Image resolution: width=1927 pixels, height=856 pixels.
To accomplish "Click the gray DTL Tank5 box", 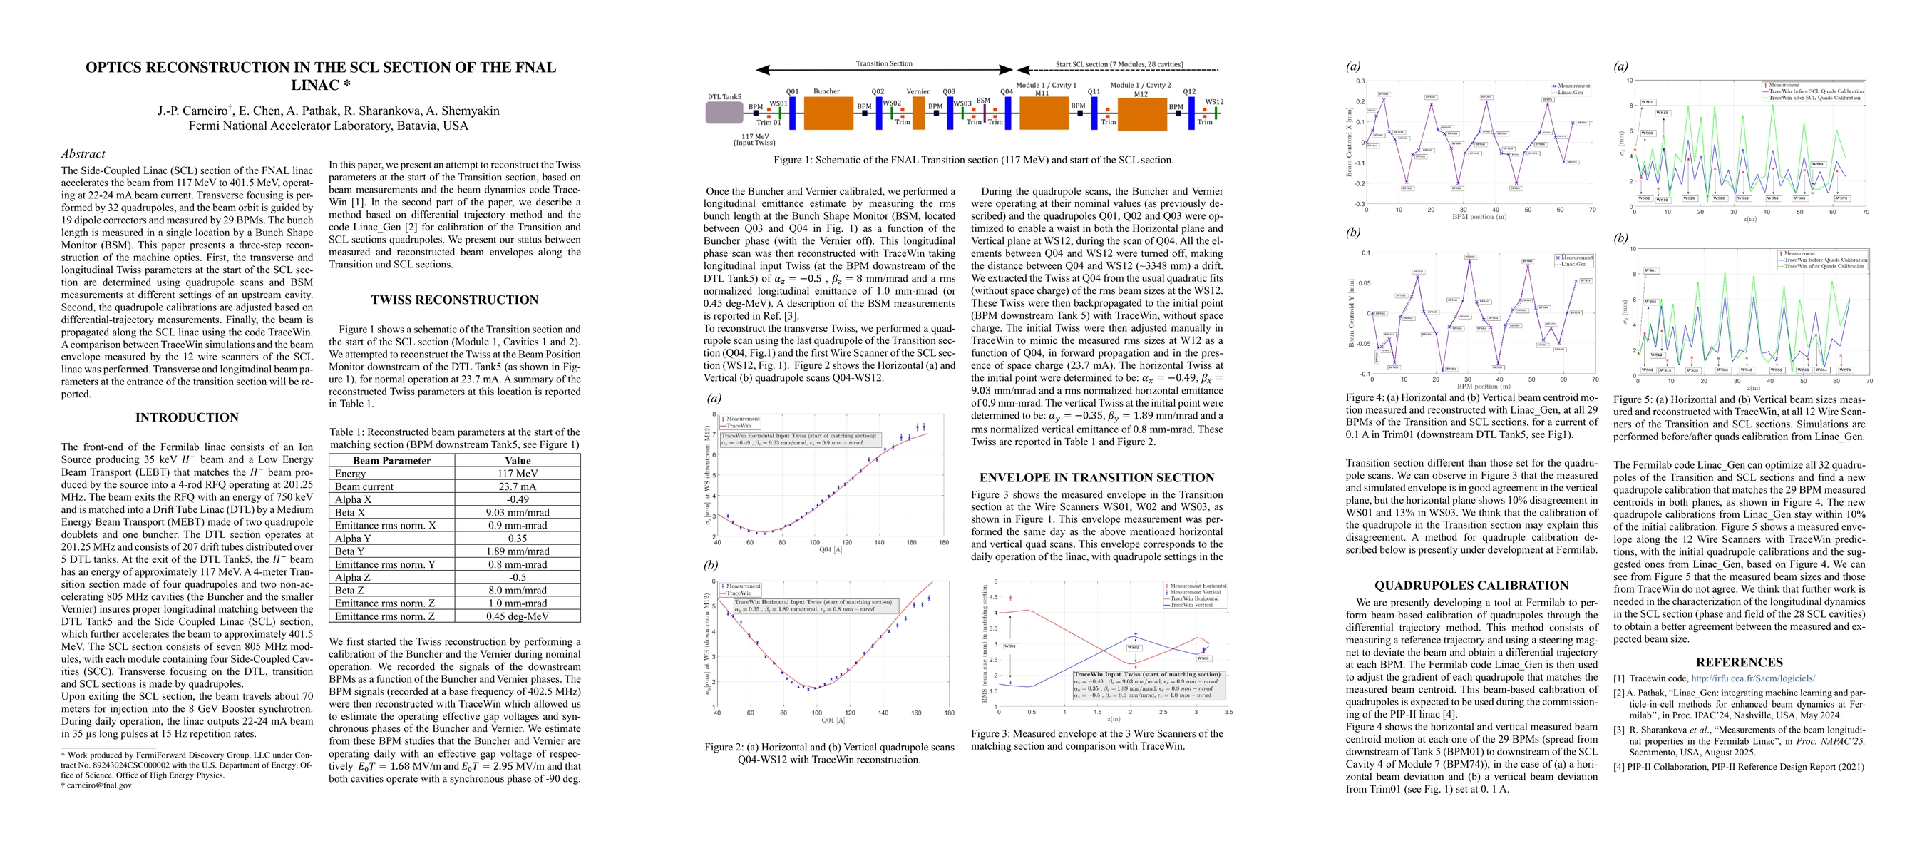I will click(724, 113).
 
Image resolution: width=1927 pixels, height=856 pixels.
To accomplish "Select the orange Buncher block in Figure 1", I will click(828, 113).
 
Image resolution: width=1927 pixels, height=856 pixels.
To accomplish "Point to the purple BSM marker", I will click(985, 113).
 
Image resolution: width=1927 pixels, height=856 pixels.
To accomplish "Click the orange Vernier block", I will click(919, 113).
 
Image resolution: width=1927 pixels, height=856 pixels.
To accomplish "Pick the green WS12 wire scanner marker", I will click(1216, 113).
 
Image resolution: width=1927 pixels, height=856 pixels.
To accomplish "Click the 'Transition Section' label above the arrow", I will click(883, 63).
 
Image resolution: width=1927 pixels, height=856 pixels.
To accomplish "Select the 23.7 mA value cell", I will click(517, 486).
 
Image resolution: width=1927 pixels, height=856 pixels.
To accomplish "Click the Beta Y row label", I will click(349, 551).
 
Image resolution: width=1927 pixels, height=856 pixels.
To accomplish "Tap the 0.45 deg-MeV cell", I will click(517, 616).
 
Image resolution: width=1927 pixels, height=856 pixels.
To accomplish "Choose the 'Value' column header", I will click(517, 460).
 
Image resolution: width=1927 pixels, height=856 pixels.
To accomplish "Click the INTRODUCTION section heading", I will click(186, 417).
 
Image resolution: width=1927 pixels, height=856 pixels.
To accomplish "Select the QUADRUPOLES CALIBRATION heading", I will click(1471, 586).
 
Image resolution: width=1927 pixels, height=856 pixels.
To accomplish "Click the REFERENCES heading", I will click(1740, 662).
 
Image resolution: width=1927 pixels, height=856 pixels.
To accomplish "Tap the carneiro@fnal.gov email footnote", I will click(99, 785).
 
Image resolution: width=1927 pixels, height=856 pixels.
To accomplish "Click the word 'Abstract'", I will click(83, 153).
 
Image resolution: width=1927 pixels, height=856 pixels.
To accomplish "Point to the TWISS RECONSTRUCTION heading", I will click(454, 300).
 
